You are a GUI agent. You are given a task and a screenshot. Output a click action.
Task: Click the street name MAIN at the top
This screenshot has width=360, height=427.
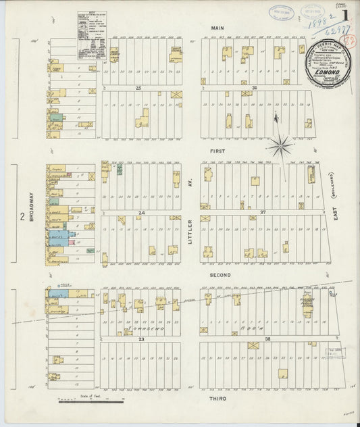[217, 27]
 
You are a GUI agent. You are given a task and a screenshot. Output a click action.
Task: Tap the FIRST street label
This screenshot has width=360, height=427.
[217, 151]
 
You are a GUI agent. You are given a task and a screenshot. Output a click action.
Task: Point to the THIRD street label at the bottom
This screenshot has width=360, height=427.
[217, 399]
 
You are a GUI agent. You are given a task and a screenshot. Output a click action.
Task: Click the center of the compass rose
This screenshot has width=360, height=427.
[279, 145]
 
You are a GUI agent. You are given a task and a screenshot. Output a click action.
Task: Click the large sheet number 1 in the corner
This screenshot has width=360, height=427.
[345, 14]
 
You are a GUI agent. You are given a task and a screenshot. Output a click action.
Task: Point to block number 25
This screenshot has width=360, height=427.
[139, 89]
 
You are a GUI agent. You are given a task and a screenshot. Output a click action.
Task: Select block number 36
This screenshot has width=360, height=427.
[254, 89]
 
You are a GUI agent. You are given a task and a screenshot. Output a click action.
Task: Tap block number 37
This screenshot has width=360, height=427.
[255, 212]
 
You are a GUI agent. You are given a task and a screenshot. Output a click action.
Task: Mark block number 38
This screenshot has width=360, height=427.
[255, 338]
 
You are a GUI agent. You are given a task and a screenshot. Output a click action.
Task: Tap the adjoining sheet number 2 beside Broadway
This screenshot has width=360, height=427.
[22, 217]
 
